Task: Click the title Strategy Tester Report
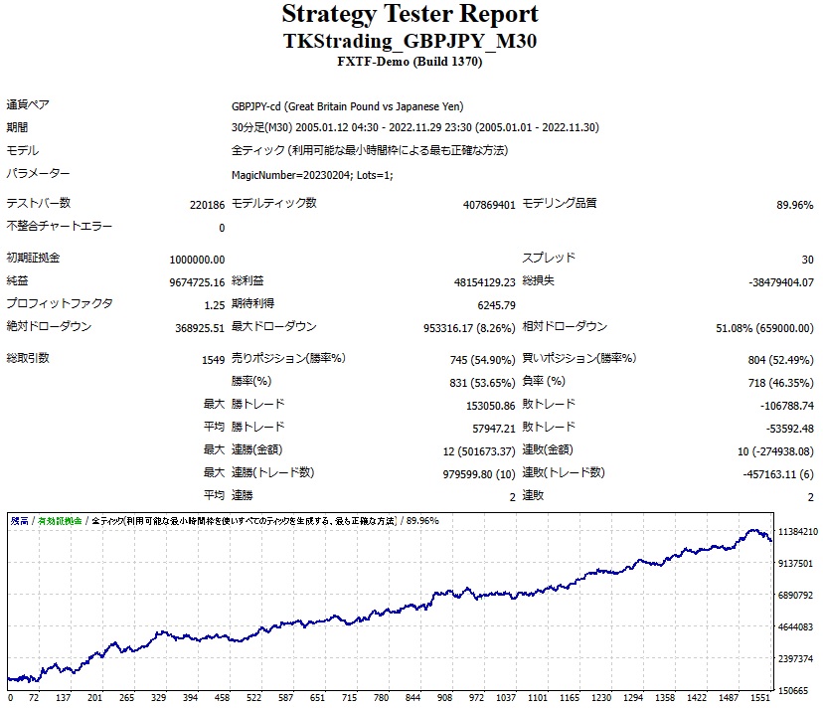411,15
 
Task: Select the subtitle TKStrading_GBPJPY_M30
411,42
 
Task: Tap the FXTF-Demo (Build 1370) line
411,62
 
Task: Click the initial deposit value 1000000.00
197,259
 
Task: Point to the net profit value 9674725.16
197,281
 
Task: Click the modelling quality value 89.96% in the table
794,204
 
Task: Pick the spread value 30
806,259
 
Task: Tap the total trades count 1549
212,359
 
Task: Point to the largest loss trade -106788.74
778,406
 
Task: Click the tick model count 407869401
489,204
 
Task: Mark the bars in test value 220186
207,204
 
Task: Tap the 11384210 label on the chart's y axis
798,532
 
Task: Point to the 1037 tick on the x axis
507,698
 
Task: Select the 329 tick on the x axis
159,698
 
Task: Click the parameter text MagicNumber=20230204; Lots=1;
312,175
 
